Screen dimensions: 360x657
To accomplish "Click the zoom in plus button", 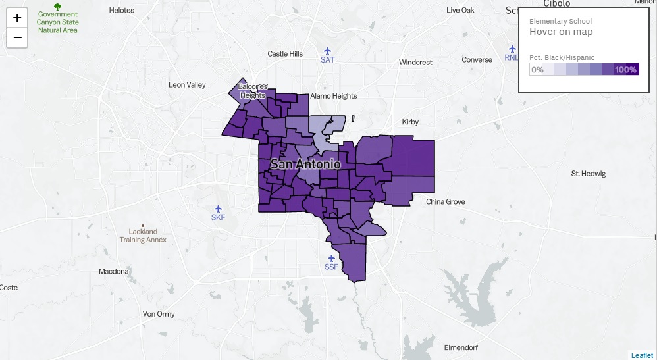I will (17, 18).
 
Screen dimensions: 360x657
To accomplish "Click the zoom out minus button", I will (17, 38).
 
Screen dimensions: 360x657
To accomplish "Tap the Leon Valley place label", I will (187, 85).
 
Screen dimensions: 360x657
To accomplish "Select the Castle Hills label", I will (285, 54).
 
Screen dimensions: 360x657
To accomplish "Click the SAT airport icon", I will (327, 51).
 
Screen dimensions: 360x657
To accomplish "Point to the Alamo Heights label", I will (334, 96).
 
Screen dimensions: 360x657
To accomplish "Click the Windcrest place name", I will (415, 63).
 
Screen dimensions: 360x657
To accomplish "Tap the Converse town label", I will (477, 60).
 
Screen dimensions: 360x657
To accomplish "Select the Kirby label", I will (410, 122).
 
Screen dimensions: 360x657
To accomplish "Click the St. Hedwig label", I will (588, 174).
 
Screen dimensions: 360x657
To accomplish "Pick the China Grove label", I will (445, 202).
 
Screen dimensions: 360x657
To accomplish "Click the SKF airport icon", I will (218, 209).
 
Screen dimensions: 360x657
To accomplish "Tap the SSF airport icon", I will (331, 258).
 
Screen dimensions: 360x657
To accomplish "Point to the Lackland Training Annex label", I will (143, 236).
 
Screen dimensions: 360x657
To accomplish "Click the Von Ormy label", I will (159, 314).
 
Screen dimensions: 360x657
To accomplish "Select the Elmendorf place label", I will (464, 347).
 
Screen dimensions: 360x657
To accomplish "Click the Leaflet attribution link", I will (642, 355).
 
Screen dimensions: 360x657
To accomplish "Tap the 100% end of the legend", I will (626, 70).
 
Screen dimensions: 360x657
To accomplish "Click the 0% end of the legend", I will (538, 70).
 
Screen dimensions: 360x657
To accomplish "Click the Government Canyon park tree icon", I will (57, 7).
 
